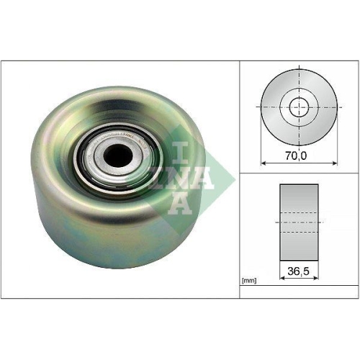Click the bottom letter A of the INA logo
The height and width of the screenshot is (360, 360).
(x=179, y=204)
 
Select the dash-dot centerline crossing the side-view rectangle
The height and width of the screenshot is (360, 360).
(x=298, y=223)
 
